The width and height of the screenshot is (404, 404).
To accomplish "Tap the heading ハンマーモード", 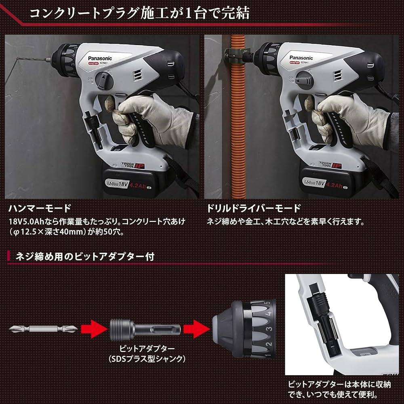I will (40, 208).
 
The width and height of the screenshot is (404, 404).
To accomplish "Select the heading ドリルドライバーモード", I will (254, 208).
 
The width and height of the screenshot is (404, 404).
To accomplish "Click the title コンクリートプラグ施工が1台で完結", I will (140, 13).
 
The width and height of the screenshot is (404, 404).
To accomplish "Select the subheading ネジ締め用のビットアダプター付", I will (85, 256).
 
